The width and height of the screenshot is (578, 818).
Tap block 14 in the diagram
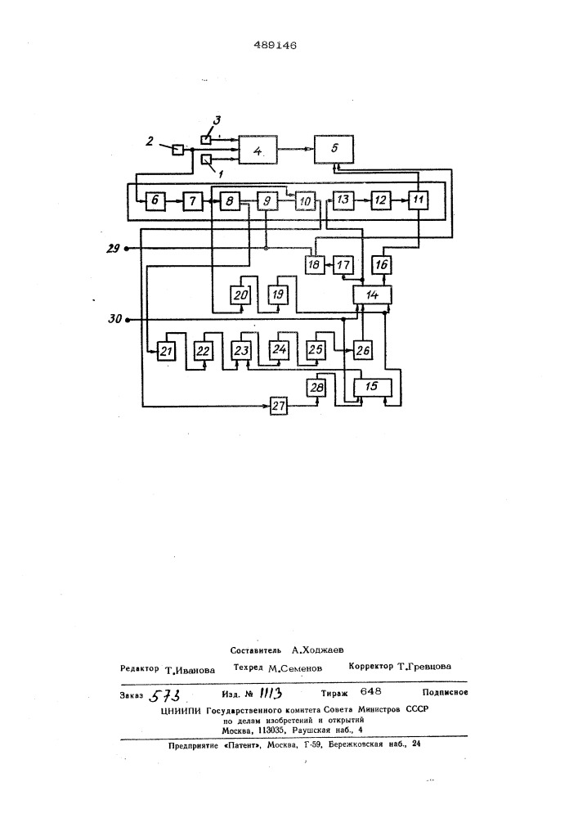371,294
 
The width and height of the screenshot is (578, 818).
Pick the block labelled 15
372,384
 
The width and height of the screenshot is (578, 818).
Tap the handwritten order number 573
167,695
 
